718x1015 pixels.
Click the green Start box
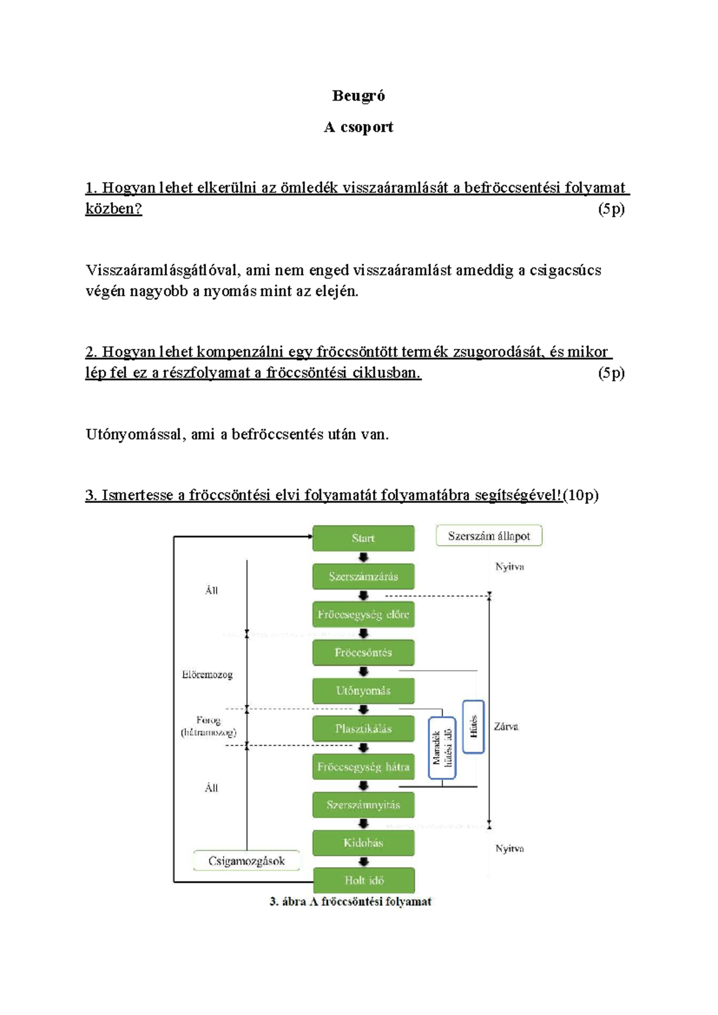point(363,538)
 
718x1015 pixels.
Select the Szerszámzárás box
point(363,576)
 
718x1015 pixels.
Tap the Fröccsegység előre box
point(363,615)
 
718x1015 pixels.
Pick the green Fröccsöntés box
point(363,652)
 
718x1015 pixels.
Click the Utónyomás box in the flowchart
point(363,691)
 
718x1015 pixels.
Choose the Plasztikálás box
point(363,728)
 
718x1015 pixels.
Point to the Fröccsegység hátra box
point(363,767)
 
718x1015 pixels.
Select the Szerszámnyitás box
point(363,805)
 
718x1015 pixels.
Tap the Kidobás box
point(363,843)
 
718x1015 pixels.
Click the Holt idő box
point(364,880)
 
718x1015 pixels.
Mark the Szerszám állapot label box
point(489,536)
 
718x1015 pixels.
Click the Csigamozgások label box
point(247,861)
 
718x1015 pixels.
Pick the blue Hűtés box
point(473,727)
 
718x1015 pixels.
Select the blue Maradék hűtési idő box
point(442,747)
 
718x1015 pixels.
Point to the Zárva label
point(506,727)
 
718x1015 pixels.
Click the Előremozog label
point(207,674)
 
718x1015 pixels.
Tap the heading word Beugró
point(358,96)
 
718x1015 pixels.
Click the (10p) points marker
point(581,495)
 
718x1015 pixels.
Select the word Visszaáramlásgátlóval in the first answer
point(165,271)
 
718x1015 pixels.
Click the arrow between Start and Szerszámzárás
point(363,557)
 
